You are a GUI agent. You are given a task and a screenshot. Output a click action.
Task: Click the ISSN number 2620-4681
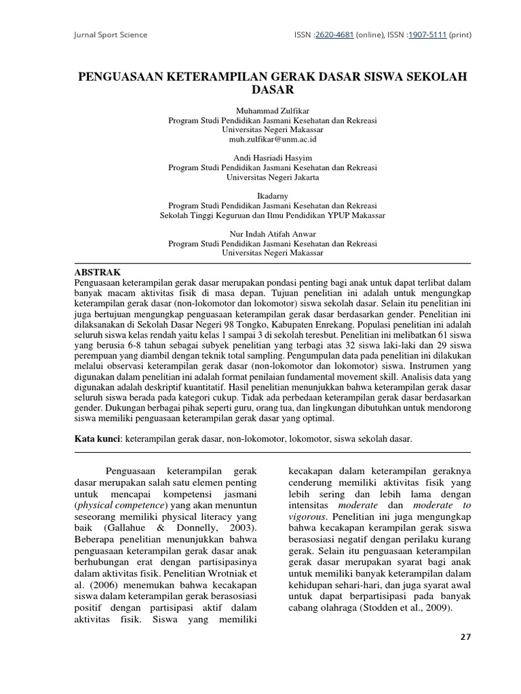339,35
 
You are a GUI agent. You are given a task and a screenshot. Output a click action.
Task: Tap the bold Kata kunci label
97,439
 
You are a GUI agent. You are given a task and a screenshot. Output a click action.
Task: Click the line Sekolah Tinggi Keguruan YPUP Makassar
272,215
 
